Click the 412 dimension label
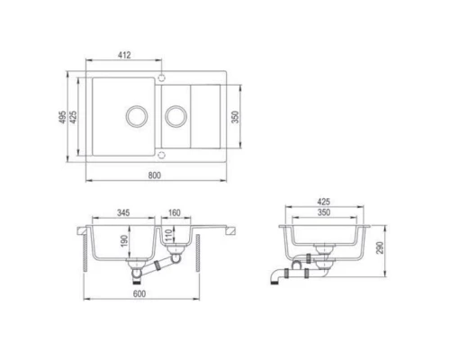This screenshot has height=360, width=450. coord(124,56)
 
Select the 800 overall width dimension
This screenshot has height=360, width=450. coord(155,175)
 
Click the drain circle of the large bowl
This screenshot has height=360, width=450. coord(136,116)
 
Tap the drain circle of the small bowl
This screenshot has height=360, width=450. coord(176,116)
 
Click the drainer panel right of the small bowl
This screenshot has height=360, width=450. coord(214,116)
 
